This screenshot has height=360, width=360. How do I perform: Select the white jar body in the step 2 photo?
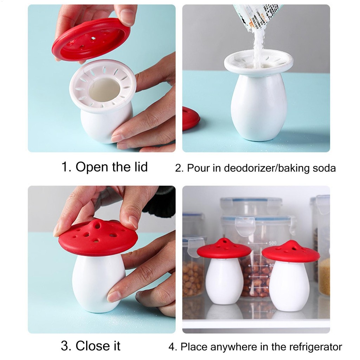click(259, 105)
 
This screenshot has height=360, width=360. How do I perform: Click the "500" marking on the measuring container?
click(272, 243)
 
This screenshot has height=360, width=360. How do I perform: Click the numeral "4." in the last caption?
click(172, 347)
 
